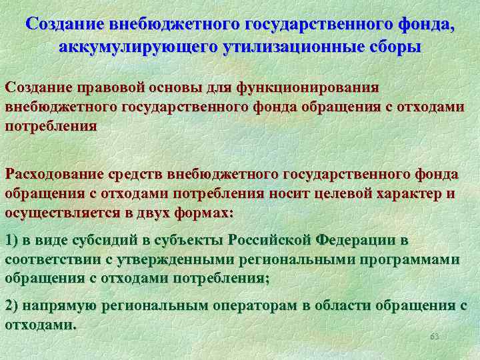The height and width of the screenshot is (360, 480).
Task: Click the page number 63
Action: [x=434, y=336]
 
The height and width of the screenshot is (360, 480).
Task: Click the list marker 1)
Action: [x=13, y=240]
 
